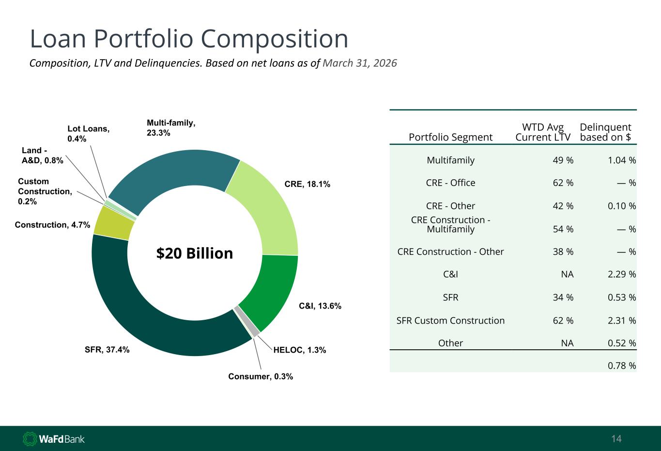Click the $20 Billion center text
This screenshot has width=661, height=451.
point(195,253)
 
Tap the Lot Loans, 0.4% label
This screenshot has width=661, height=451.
point(89,133)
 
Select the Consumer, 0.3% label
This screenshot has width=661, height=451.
point(261,376)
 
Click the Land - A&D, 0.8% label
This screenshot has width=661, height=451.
point(43,155)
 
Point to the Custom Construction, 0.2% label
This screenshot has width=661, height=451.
point(45,191)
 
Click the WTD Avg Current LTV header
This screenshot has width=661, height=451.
point(543,132)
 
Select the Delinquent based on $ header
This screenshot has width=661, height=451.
point(605,132)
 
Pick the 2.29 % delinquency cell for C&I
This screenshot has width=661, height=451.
point(622,274)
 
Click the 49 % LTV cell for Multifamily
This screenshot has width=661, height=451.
point(563,160)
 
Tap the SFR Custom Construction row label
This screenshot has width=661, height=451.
point(451,320)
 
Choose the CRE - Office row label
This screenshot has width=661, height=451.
point(451,183)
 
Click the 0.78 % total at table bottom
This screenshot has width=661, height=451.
point(622,366)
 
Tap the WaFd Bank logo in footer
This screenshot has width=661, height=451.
point(54,439)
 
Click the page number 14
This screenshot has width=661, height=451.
point(616,439)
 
